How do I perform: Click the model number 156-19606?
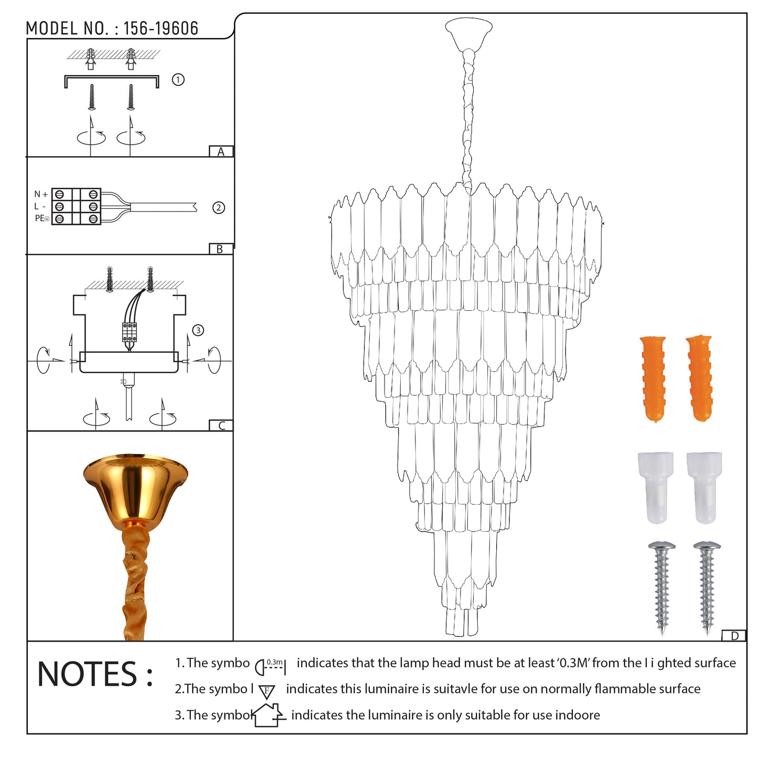pyautogui.click(x=161, y=28)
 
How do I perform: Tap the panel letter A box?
pyautogui.click(x=221, y=152)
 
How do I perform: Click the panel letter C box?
pyautogui.click(x=221, y=426)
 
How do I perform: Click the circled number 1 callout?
pyautogui.click(x=178, y=80)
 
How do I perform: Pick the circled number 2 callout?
pyautogui.click(x=219, y=208)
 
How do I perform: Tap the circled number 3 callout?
pyautogui.click(x=198, y=330)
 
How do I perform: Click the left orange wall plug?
pyautogui.click(x=654, y=379)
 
